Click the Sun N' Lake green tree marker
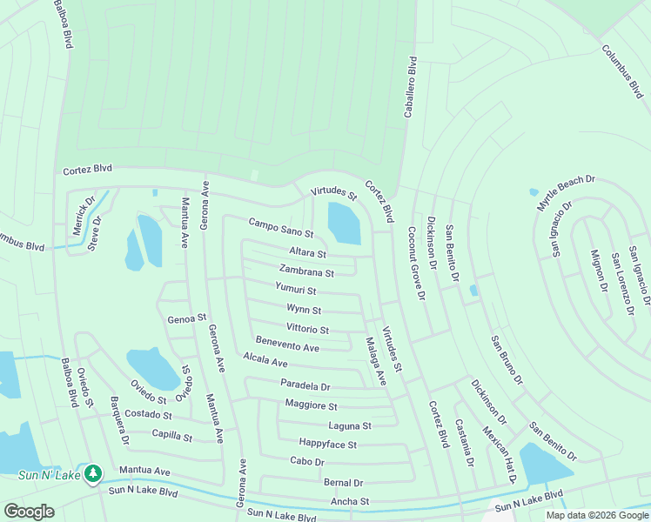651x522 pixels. pyautogui.click(x=93, y=474)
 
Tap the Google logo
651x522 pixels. pyautogui.click(x=29, y=511)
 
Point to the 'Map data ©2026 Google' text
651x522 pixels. pyautogui.click(x=596, y=515)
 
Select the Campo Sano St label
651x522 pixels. pyautogui.click(x=280, y=228)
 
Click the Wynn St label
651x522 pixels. pyautogui.click(x=304, y=309)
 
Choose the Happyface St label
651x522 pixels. pyautogui.click(x=327, y=444)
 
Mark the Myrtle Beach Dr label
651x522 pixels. pyautogui.click(x=565, y=192)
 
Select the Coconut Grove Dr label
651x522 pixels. pyautogui.click(x=415, y=264)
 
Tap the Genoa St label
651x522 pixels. pyautogui.click(x=186, y=318)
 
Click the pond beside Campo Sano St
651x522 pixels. pyautogui.click(x=344, y=224)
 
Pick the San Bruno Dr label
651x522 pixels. pyautogui.click(x=507, y=359)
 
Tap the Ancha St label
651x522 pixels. pyautogui.click(x=350, y=502)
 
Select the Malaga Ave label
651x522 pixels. pyautogui.click(x=375, y=361)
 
